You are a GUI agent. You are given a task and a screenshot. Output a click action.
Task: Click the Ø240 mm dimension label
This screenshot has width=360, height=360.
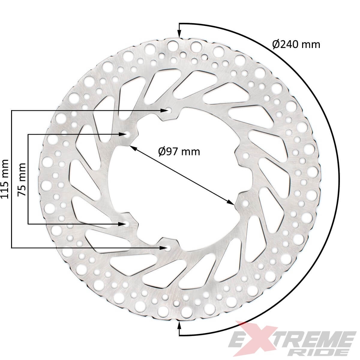click(x=296, y=44)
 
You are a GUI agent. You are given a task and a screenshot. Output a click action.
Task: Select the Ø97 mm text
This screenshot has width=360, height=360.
click(x=179, y=151)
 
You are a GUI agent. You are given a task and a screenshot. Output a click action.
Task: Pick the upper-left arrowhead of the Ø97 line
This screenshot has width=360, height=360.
click(x=132, y=147)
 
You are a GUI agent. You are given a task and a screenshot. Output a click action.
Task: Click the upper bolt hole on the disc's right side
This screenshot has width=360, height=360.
click(x=246, y=156)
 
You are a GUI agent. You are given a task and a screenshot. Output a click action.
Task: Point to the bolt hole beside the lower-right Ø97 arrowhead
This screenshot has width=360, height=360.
click(x=245, y=203)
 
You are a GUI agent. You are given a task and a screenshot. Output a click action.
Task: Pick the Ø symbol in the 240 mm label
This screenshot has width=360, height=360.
click(x=276, y=44)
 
